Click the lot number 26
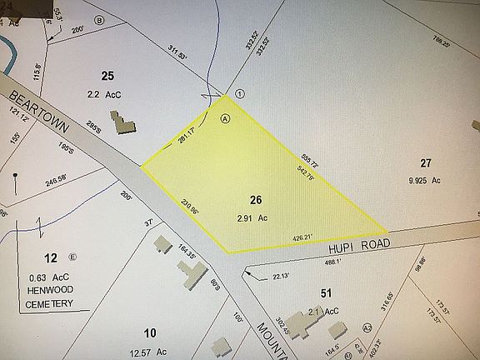pos(256,200)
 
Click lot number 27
pos(427,163)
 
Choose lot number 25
pos(107,77)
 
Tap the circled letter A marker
pos(224,118)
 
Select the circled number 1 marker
pos(239,93)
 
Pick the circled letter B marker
pos(100,18)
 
